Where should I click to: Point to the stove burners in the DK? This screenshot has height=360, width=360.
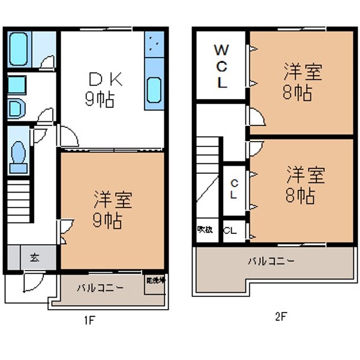(154, 45)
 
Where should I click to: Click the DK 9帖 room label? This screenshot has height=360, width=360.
(106, 89)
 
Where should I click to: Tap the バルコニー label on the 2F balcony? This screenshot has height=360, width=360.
(271, 262)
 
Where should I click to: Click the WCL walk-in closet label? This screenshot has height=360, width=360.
(221, 66)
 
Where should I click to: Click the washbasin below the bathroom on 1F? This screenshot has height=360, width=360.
(16, 108)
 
